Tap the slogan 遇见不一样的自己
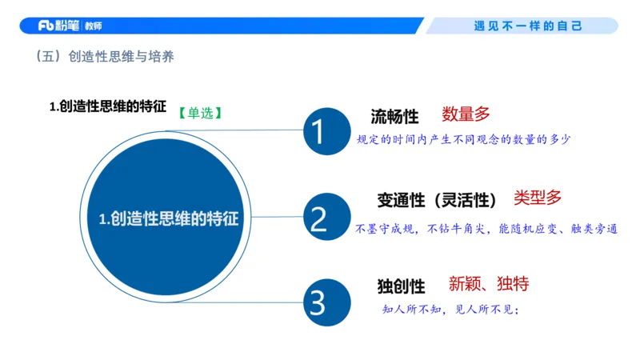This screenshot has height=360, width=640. [x=528, y=26]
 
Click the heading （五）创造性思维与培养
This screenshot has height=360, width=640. [x=105, y=58]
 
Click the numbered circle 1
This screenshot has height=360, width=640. [x=318, y=131]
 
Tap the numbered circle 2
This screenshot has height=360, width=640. [x=318, y=218]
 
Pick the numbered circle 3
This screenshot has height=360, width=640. [x=318, y=302]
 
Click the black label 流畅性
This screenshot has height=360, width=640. [x=394, y=117]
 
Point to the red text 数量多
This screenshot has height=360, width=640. [x=466, y=114]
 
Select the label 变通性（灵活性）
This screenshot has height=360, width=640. [x=438, y=199]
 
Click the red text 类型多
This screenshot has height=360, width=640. [x=538, y=197]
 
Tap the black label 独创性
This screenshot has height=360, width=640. [x=401, y=286]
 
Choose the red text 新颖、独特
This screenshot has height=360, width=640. [x=488, y=283]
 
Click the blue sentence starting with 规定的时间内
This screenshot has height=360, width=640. [x=463, y=139]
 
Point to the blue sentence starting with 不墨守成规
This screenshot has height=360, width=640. [x=486, y=228]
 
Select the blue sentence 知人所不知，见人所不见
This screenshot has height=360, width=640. [x=452, y=310]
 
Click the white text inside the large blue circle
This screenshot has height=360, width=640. [x=169, y=218]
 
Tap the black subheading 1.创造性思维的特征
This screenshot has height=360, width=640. [x=108, y=106]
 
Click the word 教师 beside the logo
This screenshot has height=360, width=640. [x=93, y=26]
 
